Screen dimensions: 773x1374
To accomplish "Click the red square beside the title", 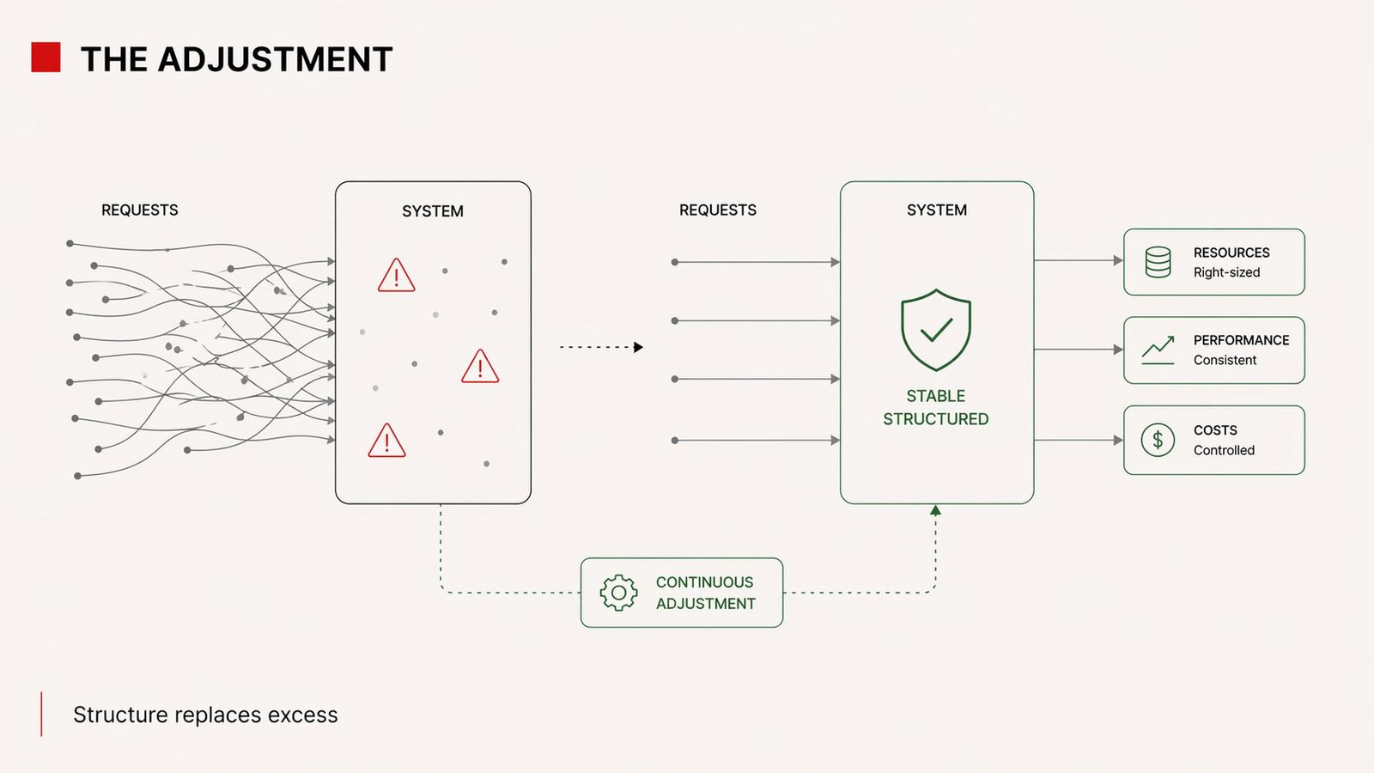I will click(x=46, y=58).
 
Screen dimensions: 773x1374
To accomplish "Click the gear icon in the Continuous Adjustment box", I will click(x=618, y=593).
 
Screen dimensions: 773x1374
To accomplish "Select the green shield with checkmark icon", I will click(x=935, y=330).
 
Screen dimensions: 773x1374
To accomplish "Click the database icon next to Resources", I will click(x=1158, y=262).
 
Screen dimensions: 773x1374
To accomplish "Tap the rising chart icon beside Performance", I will click(x=1158, y=350).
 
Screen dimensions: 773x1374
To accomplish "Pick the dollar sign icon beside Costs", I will click(x=1158, y=440).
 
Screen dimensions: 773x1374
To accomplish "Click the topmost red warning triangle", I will click(x=396, y=277).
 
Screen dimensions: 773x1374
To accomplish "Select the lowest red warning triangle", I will click(x=386, y=441).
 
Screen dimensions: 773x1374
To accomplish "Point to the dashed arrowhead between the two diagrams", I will click(x=638, y=347).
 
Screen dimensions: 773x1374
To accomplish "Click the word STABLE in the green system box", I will click(x=935, y=396).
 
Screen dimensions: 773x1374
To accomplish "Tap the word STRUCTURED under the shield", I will click(x=935, y=419).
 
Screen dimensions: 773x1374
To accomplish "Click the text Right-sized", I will click(x=1226, y=272).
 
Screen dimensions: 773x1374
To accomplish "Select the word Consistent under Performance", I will click(x=1225, y=360).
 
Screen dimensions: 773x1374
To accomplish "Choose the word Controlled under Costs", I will click(x=1224, y=450).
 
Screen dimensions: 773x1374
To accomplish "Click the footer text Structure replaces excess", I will click(x=205, y=715).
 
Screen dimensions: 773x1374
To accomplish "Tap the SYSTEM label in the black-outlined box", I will click(x=432, y=211).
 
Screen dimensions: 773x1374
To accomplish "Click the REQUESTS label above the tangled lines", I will click(x=139, y=210).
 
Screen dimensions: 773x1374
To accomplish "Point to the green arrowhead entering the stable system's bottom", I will click(x=935, y=510).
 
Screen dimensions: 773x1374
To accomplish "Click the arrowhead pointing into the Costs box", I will click(x=1118, y=440).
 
